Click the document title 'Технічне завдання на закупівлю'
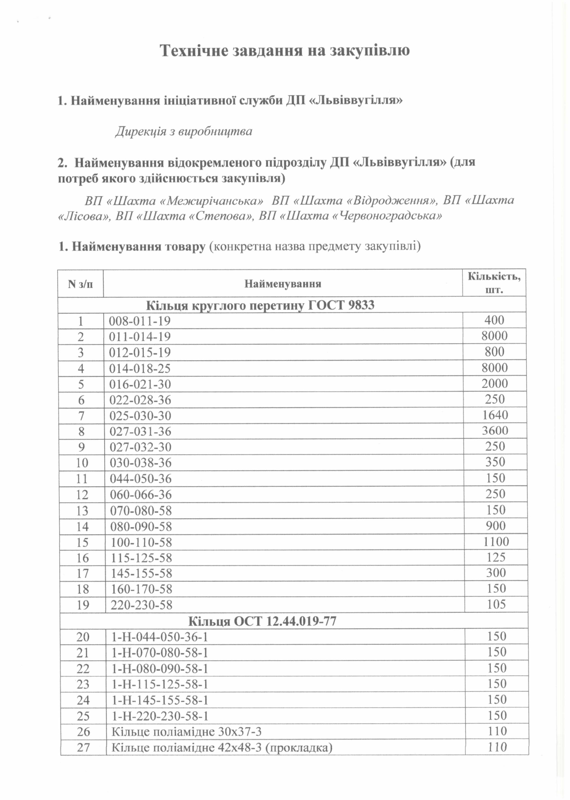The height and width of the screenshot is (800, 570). pyautogui.click(x=284, y=50)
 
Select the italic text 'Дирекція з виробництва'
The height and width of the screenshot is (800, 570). pyautogui.click(x=183, y=132)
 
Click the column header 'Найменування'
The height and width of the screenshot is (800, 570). pyautogui.click(x=282, y=284)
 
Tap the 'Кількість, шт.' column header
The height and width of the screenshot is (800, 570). pyautogui.click(x=494, y=283)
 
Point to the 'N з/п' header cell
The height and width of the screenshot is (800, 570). pyautogui.click(x=80, y=284)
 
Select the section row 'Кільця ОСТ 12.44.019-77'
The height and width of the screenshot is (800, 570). pyautogui.click(x=262, y=621)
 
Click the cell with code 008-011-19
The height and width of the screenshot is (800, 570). pyautogui.click(x=140, y=321)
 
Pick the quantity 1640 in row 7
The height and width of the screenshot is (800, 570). pyautogui.click(x=495, y=415)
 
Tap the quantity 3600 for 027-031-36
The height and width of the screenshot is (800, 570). pyautogui.click(x=495, y=431)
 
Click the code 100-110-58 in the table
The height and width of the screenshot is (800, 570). pyautogui.click(x=141, y=542)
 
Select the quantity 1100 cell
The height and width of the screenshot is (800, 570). pyautogui.click(x=495, y=541)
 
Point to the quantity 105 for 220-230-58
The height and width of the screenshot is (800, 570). pyautogui.click(x=496, y=604)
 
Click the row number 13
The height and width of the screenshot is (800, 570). pyautogui.click(x=82, y=511)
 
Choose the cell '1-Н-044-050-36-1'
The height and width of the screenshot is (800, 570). pyautogui.click(x=159, y=637)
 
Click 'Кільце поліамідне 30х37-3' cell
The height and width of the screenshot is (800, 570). pyautogui.click(x=187, y=732)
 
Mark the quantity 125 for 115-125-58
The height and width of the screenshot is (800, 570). pyautogui.click(x=496, y=557)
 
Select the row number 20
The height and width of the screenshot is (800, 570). pyautogui.click(x=83, y=637)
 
